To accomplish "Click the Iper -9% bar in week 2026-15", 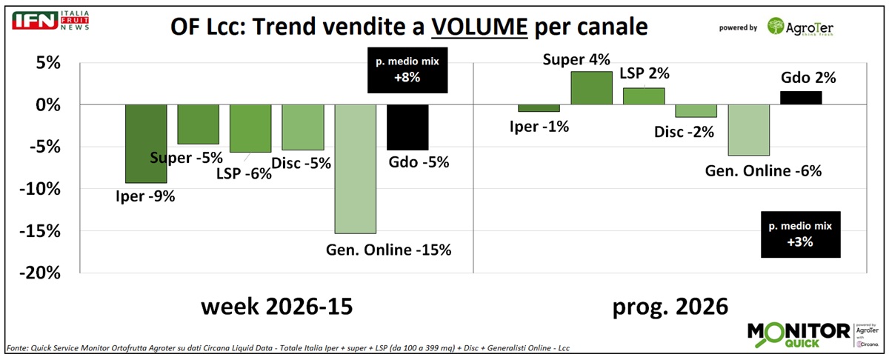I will pos(146,143).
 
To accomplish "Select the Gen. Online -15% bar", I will pos(355,169).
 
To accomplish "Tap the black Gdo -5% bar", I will pos(407,127).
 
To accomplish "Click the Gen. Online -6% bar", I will pos(749,130).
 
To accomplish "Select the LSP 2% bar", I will pos(644,96).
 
